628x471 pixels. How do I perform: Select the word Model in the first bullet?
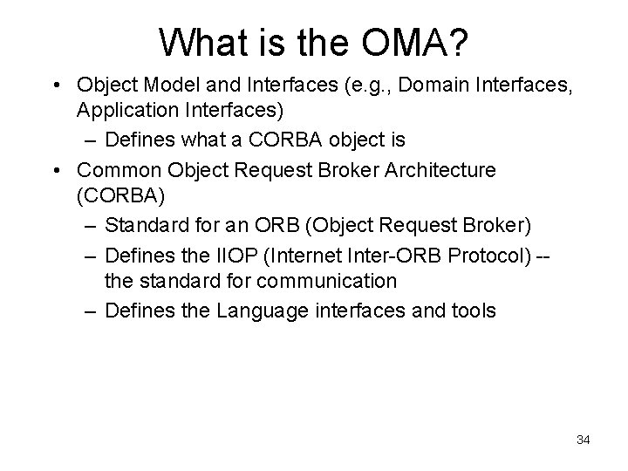166,86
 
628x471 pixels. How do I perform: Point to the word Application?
127,111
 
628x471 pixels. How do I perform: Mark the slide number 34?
583,440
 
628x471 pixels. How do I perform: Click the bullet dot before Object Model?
56,86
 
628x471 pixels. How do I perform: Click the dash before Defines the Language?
92,311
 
